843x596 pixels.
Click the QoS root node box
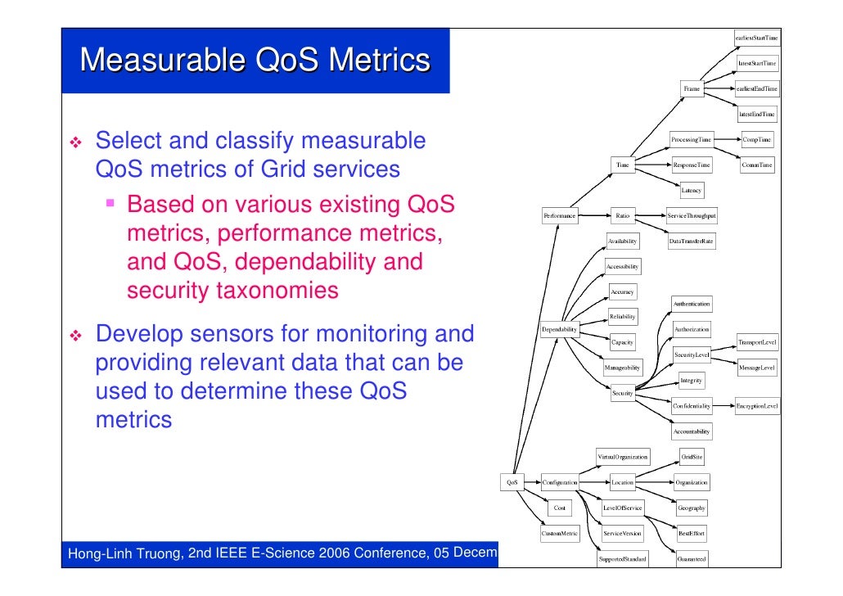click(512, 483)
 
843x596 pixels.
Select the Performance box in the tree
click(559, 216)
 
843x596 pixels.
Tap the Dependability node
click(559, 330)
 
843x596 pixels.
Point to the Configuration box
click(560, 483)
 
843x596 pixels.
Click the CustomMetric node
click(560, 534)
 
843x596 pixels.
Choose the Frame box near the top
click(692, 88)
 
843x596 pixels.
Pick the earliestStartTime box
click(756, 38)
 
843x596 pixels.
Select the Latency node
click(692, 191)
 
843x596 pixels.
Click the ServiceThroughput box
click(692, 216)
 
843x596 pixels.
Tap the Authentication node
click(692, 304)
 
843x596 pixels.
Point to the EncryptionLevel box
click(757, 406)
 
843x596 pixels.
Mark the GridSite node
click(692, 457)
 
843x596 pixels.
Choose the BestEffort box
click(692, 534)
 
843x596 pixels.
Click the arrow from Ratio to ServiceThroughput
click(651, 216)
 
